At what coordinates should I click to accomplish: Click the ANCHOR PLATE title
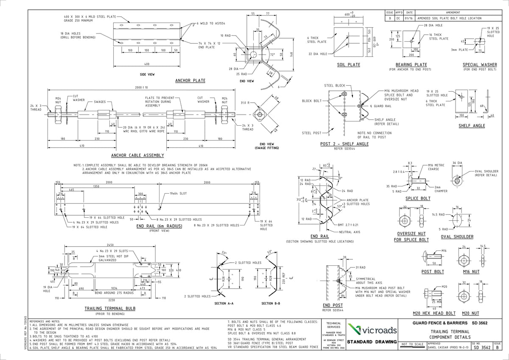(x=190, y=80)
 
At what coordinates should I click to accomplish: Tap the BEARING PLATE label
(x=411, y=65)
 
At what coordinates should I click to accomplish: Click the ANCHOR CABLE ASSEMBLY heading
(x=137, y=155)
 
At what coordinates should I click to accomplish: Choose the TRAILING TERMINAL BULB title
(x=104, y=308)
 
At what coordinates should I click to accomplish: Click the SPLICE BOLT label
(x=418, y=198)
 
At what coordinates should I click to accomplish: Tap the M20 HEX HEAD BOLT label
(x=434, y=313)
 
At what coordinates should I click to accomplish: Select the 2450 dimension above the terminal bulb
(x=111, y=245)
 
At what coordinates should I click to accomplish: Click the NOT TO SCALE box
(x=412, y=344)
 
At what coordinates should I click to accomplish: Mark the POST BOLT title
(x=433, y=271)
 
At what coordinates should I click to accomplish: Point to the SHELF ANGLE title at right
(x=472, y=126)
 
